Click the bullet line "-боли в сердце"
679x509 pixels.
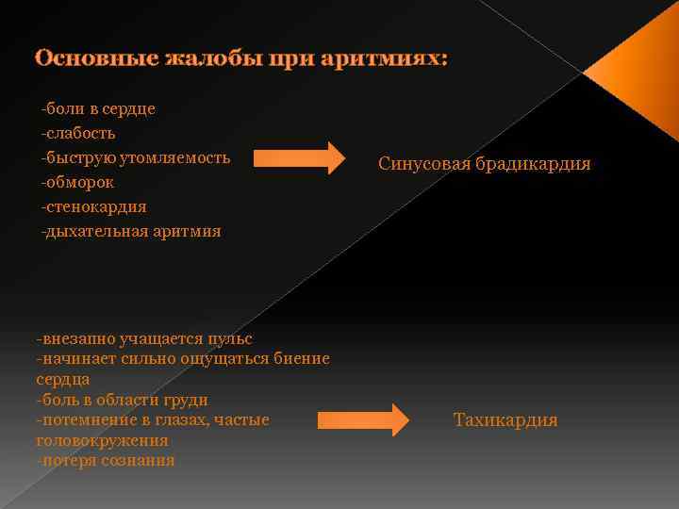(x=98, y=108)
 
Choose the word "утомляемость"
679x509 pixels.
(x=179, y=157)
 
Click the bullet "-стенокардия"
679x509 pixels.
(x=93, y=206)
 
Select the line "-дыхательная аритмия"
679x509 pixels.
(x=130, y=231)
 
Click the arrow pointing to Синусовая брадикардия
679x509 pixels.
(x=300, y=158)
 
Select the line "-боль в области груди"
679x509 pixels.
(x=122, y=399)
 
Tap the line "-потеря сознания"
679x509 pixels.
(x=106, y=460)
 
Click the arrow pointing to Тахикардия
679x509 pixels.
(x=362, y=419)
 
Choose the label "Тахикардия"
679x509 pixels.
(x=505, y=420)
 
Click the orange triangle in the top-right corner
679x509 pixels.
(x=641, y=66)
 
